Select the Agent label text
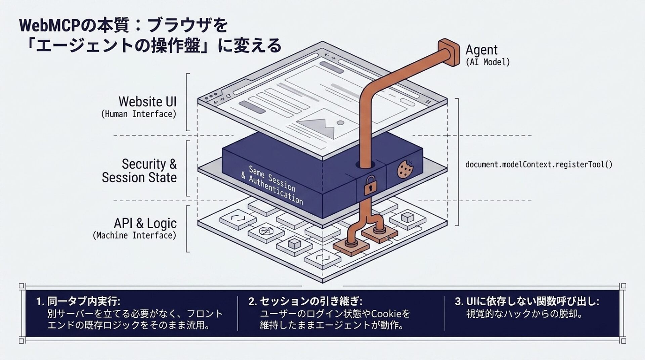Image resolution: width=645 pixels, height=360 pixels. [481, 50]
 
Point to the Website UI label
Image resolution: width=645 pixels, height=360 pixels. [147, 101]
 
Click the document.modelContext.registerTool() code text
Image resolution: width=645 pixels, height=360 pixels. [539, 165]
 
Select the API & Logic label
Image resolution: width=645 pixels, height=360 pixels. [145, 223]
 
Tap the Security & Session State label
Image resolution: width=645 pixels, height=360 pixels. [139, 171]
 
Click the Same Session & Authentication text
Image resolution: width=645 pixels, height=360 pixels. [272, 185]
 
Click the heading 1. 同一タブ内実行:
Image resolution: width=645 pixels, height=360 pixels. [78, 301]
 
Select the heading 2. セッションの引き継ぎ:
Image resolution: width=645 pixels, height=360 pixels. [305, 301]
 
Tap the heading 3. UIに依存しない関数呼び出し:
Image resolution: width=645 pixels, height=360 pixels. [527, 301]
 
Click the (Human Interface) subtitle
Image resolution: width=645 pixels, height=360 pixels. [139, 114]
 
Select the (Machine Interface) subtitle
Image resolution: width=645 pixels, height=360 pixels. [134, 235]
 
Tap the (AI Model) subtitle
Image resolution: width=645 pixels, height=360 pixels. [487, 62]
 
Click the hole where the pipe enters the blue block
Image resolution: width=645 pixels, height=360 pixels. [365, 165]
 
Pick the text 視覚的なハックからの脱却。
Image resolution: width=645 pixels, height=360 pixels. [524, 314]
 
